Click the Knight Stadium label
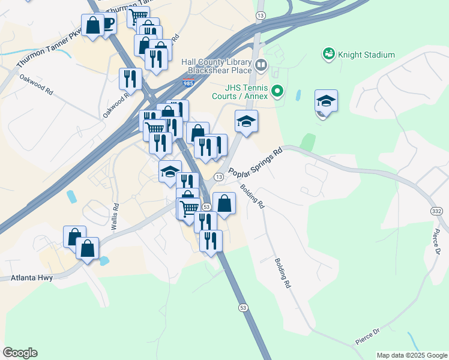pos(366,55)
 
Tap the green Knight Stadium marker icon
pos(328,55)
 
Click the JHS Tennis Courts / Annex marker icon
pos(277,91)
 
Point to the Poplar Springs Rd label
pos(256,163)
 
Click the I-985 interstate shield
pos(189,83)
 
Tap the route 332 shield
pos(436,211)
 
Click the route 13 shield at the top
pos(260,14)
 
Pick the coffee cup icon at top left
pos(108,24)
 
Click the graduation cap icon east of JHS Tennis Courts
pos(326,101)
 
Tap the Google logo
pos(20,353)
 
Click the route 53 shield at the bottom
pos(243,308)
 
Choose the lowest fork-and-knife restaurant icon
pos(211,240)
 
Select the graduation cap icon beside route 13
pos(246,121)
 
